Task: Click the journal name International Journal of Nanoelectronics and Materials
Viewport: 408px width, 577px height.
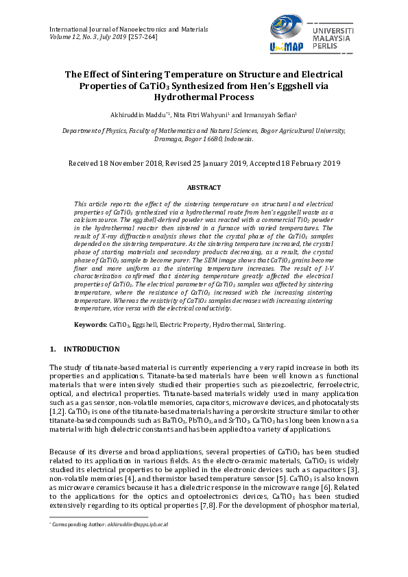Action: click(x=130, y=29)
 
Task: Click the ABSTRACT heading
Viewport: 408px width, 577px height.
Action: click(x=204, y=187)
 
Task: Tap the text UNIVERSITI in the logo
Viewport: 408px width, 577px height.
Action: click(x=333, y=32)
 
